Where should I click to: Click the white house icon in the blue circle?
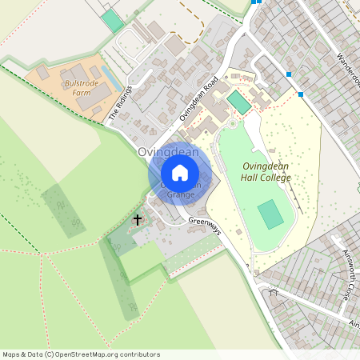click(180, 172)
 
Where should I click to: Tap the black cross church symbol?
click(137, 218)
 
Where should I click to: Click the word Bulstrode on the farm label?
click(81, 83)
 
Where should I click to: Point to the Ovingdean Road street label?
click(199, 98)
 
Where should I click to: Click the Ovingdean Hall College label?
click(266, 171)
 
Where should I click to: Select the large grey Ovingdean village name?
click(166, 152)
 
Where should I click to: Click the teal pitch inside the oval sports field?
click(270, 214)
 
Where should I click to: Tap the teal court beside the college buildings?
click(238, 102)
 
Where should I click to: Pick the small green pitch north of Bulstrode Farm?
click(114, 22)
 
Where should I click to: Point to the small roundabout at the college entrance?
click(233, 123)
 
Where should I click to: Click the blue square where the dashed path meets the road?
click(301, 94)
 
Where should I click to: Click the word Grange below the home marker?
click(180, 194)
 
